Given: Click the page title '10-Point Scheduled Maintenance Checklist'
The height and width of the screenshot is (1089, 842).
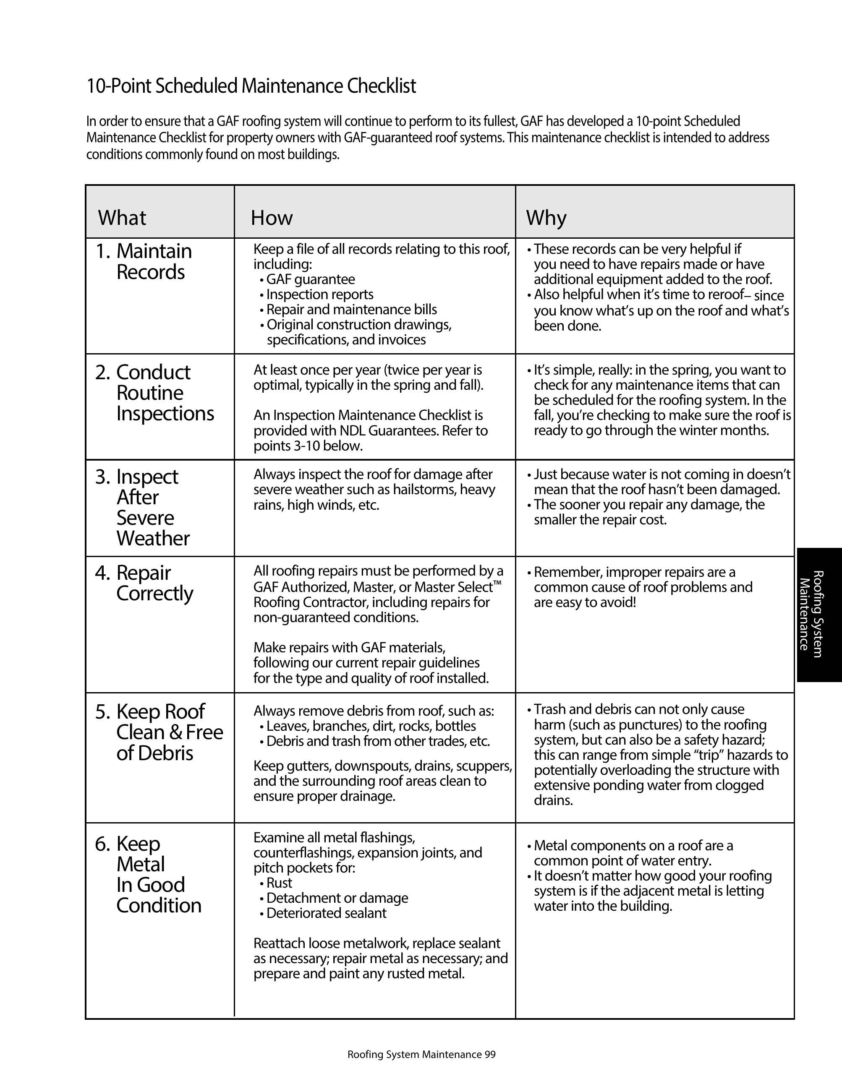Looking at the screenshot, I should (251, 86).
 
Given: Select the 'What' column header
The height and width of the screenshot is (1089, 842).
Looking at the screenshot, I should (122, 217).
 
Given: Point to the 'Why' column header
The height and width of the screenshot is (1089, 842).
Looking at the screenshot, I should (546, 217).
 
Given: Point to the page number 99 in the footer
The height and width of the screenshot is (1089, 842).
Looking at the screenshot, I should (490, 1055).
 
